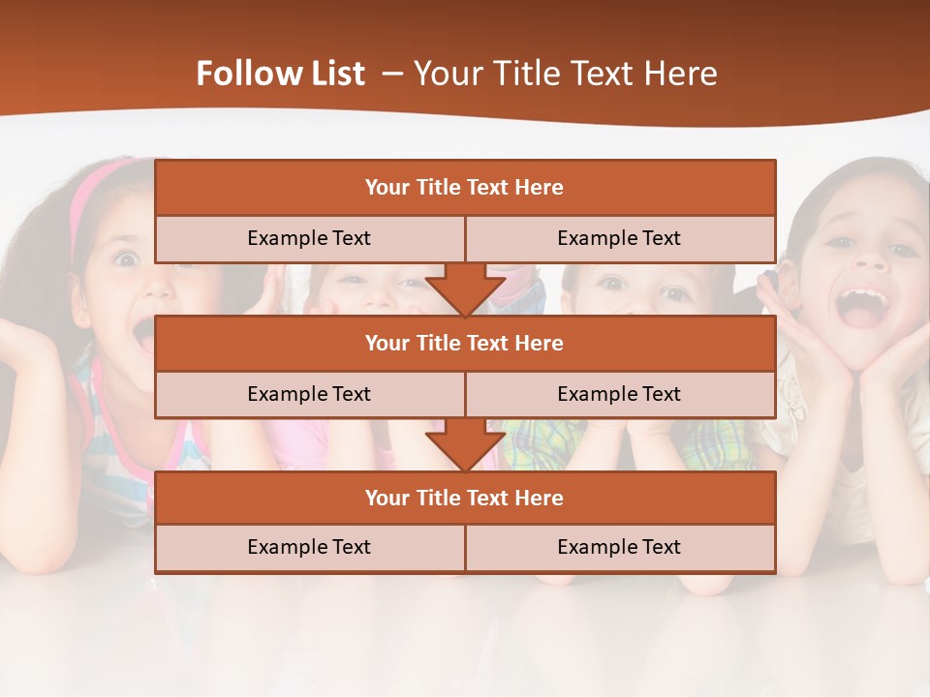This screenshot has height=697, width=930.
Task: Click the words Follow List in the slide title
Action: tap(280, 74)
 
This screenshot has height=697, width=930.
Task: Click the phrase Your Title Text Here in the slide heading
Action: tap(566, 74)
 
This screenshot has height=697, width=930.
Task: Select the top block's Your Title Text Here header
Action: tap(464, 188)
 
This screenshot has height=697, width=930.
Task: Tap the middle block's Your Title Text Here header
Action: tap(464, 343)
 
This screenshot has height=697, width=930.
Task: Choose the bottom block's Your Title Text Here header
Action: tap(464, 498)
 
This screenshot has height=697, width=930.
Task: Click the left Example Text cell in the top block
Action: tap(309, 238)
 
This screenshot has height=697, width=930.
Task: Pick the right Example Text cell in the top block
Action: tap(619, 238)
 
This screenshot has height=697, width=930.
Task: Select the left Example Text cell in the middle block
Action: tap(309, 394)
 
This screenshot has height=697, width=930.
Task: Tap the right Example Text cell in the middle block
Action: tap(619, 394)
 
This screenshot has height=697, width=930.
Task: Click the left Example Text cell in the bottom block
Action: tap(309, 547)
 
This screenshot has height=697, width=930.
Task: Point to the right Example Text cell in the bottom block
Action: tap(619, 547)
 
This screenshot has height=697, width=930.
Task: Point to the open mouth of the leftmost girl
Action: tap(143, 334)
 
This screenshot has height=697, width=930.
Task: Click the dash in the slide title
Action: tap(392, 74)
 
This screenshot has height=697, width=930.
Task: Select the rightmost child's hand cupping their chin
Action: tap(886, 363)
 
